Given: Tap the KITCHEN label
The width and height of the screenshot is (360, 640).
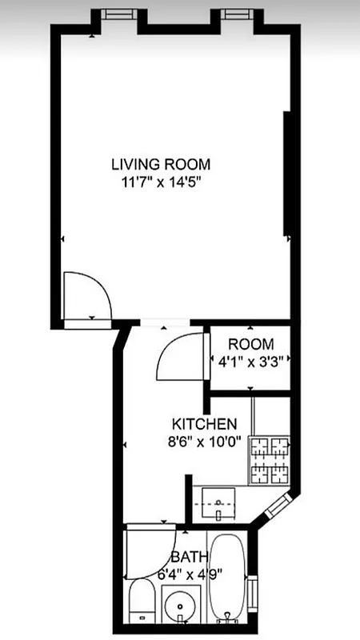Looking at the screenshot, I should click(x=205, y=423).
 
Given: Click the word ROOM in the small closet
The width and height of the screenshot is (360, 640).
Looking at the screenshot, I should click(x=250, y=344).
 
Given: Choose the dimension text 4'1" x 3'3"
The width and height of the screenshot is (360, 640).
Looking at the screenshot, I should click(x=250, y=361).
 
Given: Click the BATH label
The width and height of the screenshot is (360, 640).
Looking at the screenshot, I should click(x=189, y=557).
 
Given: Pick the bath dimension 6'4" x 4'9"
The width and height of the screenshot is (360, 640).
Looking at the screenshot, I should click(x=189, y=572).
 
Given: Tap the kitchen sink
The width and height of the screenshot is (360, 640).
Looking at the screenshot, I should click(x=218, y=502).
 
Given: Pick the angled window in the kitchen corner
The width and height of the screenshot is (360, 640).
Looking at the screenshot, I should click(x=281, y=504).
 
